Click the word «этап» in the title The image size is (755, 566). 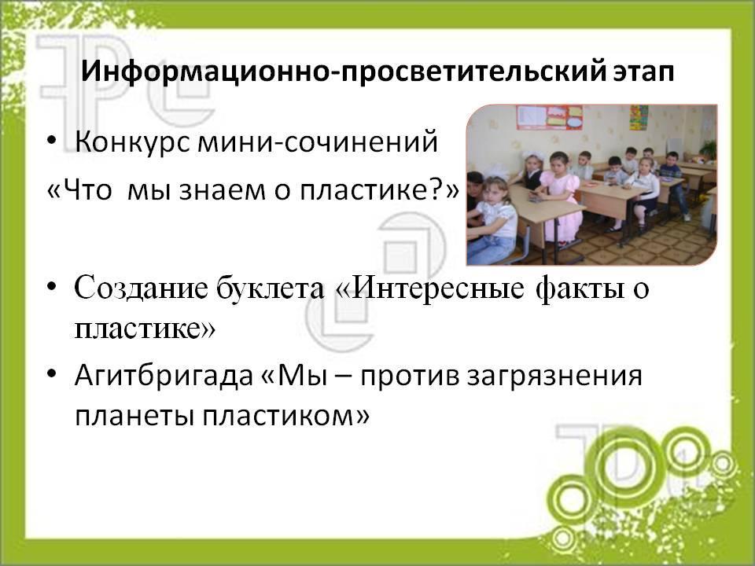644,72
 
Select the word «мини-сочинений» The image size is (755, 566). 318,142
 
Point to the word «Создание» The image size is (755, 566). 141,289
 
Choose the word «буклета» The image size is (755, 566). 270,289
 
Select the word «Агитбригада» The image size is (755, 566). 164,377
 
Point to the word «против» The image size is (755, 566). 411,377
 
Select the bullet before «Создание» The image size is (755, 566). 52,288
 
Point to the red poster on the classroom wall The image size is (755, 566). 549,117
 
